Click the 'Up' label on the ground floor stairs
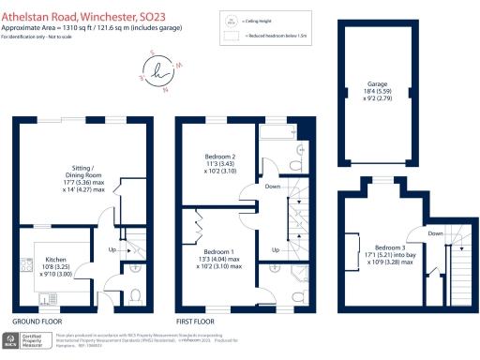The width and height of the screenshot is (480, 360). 112,251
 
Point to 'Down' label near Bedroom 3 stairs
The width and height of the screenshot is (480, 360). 435,232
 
